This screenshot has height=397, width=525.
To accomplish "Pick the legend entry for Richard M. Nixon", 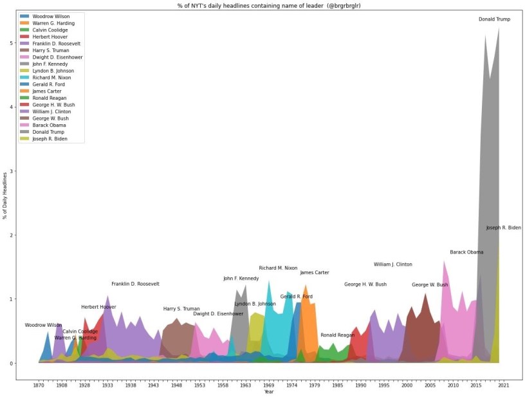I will pyautogui.click(x=52, y=77).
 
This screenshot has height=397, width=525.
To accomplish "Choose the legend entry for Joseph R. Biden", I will pyautogui.click(x=51, y=138).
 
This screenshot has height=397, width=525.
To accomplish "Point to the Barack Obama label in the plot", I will pyautogui.click(x=466, y=252).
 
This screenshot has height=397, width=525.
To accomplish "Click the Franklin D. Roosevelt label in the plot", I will pyautogui.click(x=135, y=284).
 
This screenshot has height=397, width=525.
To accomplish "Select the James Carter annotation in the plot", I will pyautogui.click(x=314, y=273).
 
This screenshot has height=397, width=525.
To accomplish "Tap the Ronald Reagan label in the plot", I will pyautogui.click(x=337, y=335).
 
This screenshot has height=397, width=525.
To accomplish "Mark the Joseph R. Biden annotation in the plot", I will pyautogui.click(x=503, y=228).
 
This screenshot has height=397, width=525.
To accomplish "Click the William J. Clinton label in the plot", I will pyautogui.click(x=392, y=264).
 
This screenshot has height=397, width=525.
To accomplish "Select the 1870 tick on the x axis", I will pyautogui.click(x=39, y=385).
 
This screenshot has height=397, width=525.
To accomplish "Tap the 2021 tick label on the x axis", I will pyautogui.click(x=504, y=385).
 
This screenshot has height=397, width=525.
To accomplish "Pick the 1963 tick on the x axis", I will pyautogui.click(x=246, y=385).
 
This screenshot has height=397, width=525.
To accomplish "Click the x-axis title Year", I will pyautogui.click(x=268, y=392).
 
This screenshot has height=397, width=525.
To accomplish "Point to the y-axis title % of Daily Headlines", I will pyautogui.click(x=5, y=196).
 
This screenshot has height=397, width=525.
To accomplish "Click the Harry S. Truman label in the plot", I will pyautogui.click(x=181, y=309).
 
